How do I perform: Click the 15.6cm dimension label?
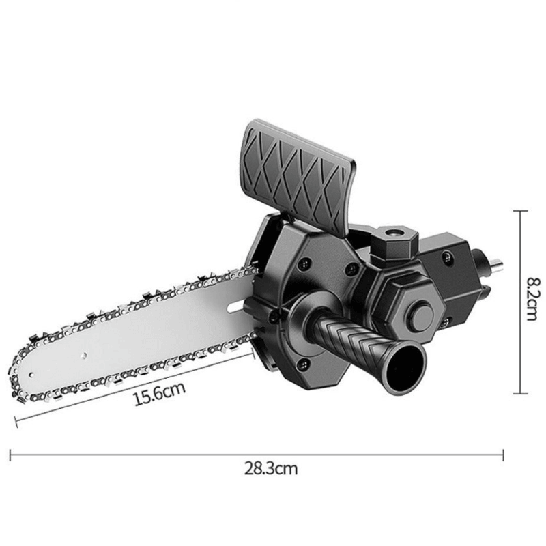pyautogui.click(x=160, y=396)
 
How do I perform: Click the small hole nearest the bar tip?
pyautogui.click(x=81, y=354)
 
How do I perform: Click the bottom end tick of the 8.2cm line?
pyautogui.click(x=521, y=394)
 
